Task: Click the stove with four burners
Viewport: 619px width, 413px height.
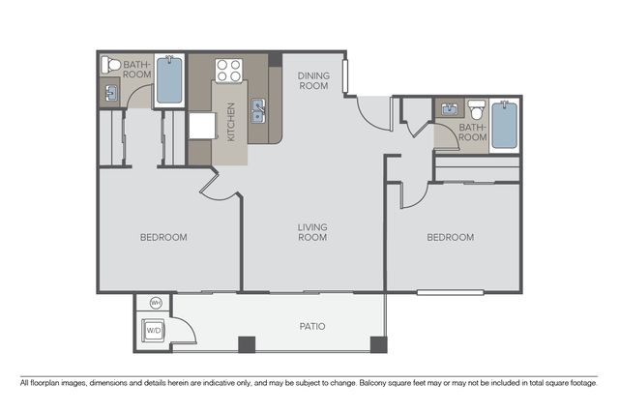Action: (x=228, y=71)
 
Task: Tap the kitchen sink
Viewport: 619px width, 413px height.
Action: (x=259, y=110)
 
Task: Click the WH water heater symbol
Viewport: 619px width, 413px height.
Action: (x=157, y=304)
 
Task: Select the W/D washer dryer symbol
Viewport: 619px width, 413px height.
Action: (x=154, y=330)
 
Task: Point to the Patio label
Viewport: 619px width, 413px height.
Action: (x=312, y=327)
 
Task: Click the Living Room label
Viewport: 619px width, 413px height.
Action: (x=312, y=232)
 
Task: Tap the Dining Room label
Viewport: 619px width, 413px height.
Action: (x=313, y=80)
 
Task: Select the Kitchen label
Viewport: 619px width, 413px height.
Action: (x=231, y=122)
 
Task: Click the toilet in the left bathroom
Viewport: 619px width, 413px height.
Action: (x=111, y=64)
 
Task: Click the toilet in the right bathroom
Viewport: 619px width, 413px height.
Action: (x=477, y=109)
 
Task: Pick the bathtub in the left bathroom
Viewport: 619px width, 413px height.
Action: (x=169, y=80)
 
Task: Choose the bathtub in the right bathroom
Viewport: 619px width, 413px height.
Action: (x=505, y=125)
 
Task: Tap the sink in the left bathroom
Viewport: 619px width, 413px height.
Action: (x=110, y=93)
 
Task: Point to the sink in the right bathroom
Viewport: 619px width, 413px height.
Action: (x=449, y=108)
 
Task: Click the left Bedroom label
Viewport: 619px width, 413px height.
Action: (x=163, y=237)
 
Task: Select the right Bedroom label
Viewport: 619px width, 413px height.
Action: (x=451, y=237)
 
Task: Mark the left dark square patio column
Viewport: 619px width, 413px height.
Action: (x=248, y=344)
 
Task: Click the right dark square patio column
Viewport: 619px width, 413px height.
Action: (x=378, y=344)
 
